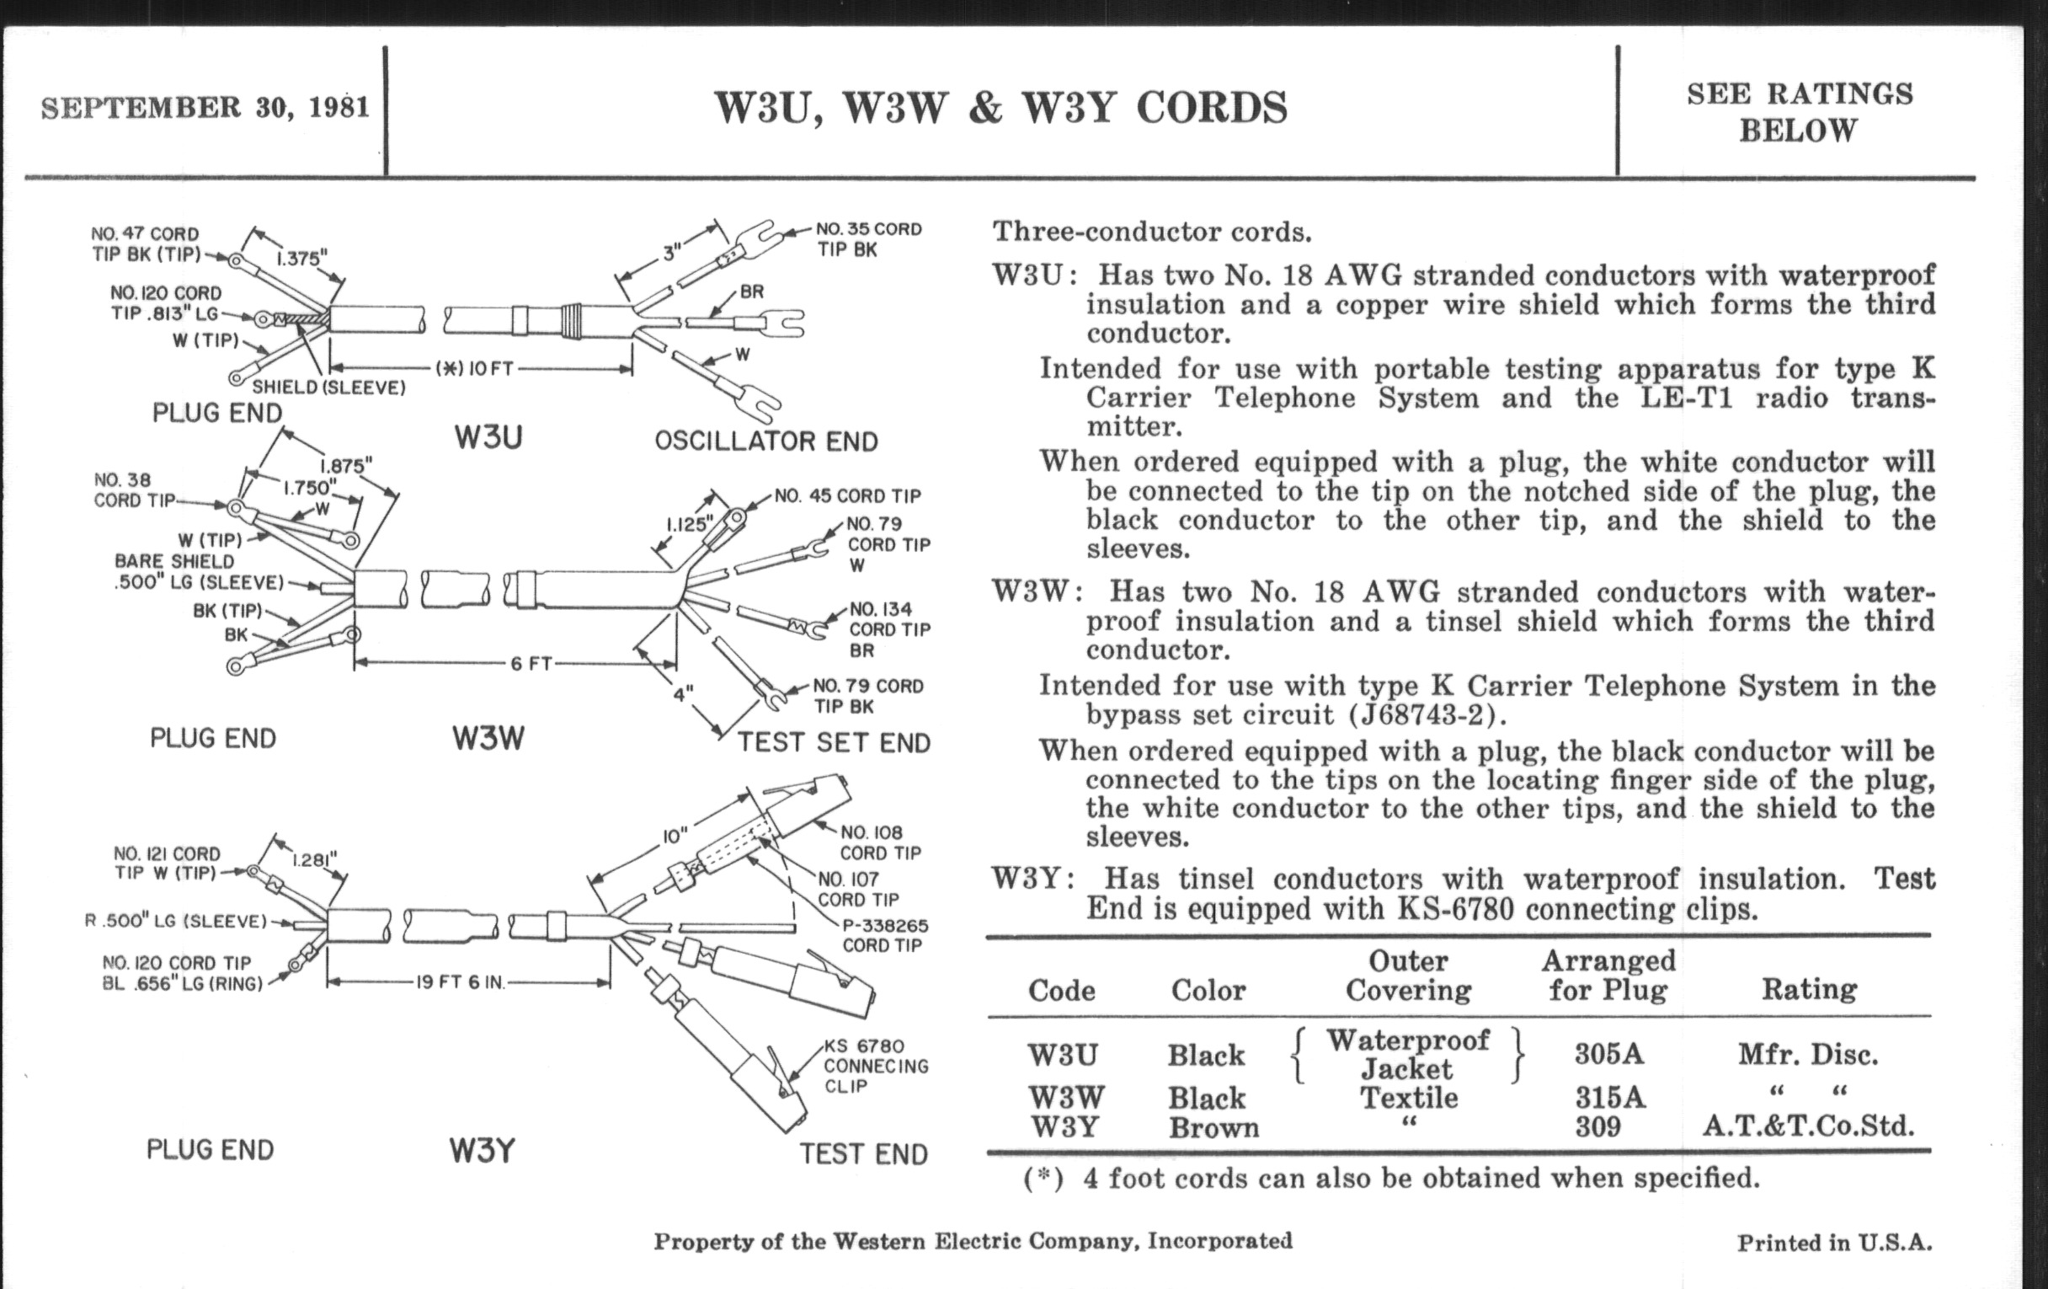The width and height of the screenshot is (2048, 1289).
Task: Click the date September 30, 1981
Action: point(205,108)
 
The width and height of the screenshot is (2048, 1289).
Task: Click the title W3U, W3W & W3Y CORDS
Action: point(1001,108)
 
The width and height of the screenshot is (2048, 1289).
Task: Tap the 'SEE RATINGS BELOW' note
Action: point(1799,112)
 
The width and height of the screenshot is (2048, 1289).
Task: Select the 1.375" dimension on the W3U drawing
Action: point(301,258)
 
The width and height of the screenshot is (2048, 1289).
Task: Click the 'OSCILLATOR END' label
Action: point(765,441)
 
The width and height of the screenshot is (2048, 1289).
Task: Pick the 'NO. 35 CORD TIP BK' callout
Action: point(867,239)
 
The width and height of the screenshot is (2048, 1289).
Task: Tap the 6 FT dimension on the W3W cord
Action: point(531,663)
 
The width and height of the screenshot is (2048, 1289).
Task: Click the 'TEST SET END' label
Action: point(834,742)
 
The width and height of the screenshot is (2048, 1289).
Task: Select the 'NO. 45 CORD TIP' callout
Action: point(847,495)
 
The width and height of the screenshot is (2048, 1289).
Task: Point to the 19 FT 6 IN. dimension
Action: point(460,982)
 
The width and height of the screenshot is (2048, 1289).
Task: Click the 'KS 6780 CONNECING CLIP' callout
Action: point(875,1066)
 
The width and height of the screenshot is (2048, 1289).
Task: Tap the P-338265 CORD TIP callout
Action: point(884,935)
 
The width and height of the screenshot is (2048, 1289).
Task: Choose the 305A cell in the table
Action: point(1608,1054)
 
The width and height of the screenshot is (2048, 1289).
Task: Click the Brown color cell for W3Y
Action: point(1213,1127)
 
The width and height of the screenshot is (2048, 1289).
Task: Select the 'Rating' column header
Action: point(1808,989)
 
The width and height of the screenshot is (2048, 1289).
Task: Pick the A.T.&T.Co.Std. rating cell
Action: point(1807,1126)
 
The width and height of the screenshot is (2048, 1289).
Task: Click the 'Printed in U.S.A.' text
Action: point(1833,1243)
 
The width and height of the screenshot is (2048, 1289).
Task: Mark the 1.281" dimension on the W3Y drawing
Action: point(314,859)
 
